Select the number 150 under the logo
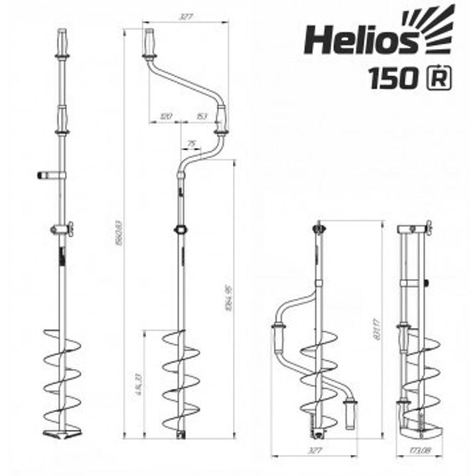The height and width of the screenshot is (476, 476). [392, 78]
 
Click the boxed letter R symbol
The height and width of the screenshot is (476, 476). [438, 78]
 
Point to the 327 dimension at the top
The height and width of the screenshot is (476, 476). [186, 16]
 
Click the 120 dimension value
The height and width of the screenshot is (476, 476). [165, 117]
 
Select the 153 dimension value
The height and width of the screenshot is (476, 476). [201, 117]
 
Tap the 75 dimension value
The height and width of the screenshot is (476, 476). [192, 144]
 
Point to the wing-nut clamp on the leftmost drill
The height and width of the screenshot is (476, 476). [60, 230]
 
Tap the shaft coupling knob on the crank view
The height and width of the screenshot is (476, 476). [179, 230]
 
